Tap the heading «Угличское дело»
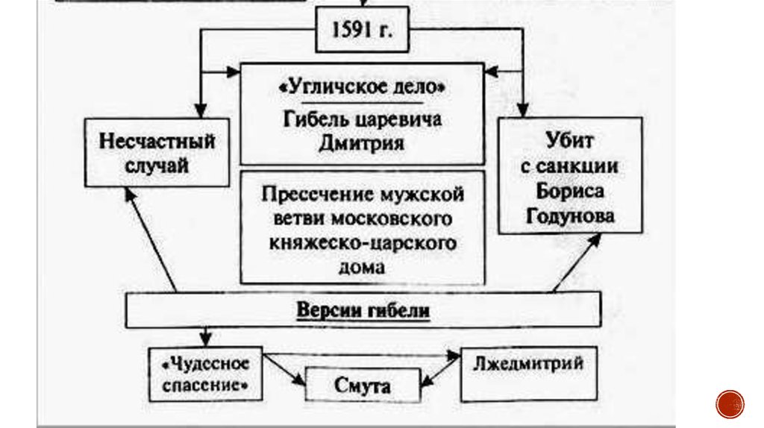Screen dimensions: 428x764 362,88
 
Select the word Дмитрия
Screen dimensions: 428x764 362,142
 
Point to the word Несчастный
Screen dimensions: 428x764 157,141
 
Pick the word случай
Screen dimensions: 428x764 157,166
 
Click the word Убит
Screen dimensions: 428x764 570,140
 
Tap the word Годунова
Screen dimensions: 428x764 570,216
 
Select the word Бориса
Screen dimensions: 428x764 570,191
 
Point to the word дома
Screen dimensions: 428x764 362,267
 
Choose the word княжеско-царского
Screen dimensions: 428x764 362,243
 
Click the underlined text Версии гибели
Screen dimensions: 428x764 363,310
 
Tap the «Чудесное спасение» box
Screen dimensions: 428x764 205,374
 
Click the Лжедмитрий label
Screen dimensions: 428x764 528,364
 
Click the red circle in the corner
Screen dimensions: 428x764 730,403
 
